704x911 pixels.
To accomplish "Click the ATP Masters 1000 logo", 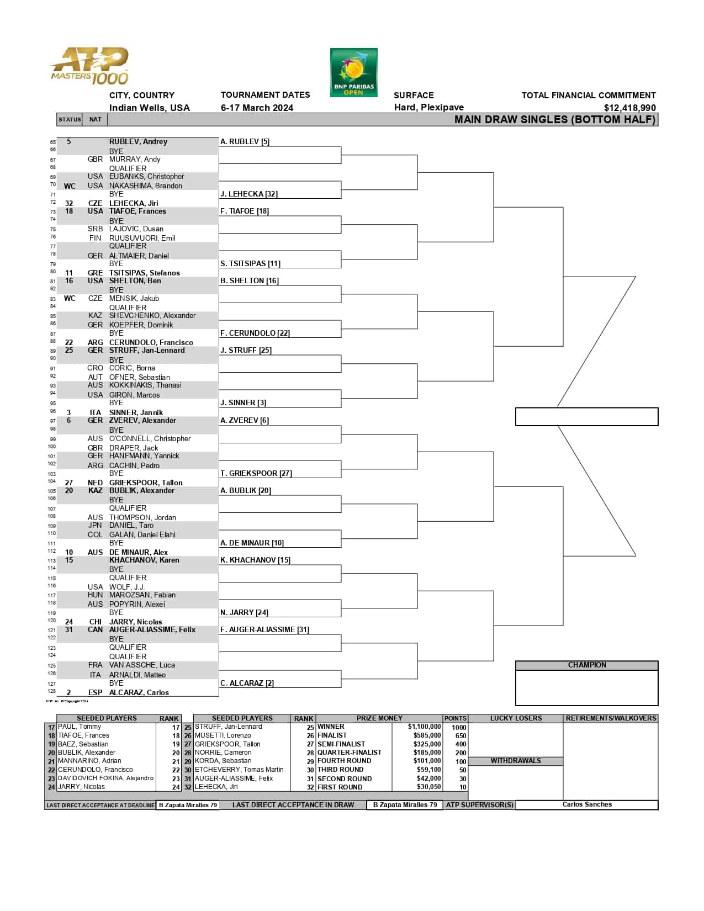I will pyautogui.click(x=89, y=66).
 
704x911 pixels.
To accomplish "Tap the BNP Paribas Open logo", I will pyautogui.click(x=353, y=72).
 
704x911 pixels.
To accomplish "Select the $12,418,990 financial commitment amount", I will pyautogui.click(x=629, y=108).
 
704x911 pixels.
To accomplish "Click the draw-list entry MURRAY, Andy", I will pyautogui.click(x=135, y=159).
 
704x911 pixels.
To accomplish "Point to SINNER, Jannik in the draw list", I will pyautogui.click(x=136, y=412).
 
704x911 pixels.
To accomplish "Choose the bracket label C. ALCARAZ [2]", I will pyautogui.click(x=247, y=683).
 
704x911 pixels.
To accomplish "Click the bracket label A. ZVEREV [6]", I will pyautogui.click(x=245, y=420).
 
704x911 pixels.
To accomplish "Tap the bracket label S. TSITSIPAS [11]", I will pyautogui.click(x=250, y=263).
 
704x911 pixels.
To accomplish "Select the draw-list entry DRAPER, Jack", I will pyautogui.click(x=134, y=448).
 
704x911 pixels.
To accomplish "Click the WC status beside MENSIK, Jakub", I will pyautogui.click(x=70, y=298).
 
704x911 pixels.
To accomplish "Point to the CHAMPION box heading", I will pyautogui.click(x=586, y=665).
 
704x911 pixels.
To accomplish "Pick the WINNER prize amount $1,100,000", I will pyautogui.click(x=424, y=727).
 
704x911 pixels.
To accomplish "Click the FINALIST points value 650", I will pyautogui.click(x=460, y=735).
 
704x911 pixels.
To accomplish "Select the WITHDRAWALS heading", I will pyautogui.click(x=516, y=761).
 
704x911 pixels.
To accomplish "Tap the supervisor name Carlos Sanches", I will pyautogui.click(x=586, y=804).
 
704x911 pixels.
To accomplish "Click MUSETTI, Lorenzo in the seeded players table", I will pyautogui.click(x=223, y=735).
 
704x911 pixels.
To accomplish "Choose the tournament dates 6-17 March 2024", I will pyautogui.click(x=257, y=108).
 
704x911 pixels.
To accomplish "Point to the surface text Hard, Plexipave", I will pyautogui.click(x=428, y=107).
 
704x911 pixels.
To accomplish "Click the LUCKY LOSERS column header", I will pyautogui.click(x=516, y=718).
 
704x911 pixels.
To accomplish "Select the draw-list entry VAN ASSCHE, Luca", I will pyautogui.click(x=142, y=665).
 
